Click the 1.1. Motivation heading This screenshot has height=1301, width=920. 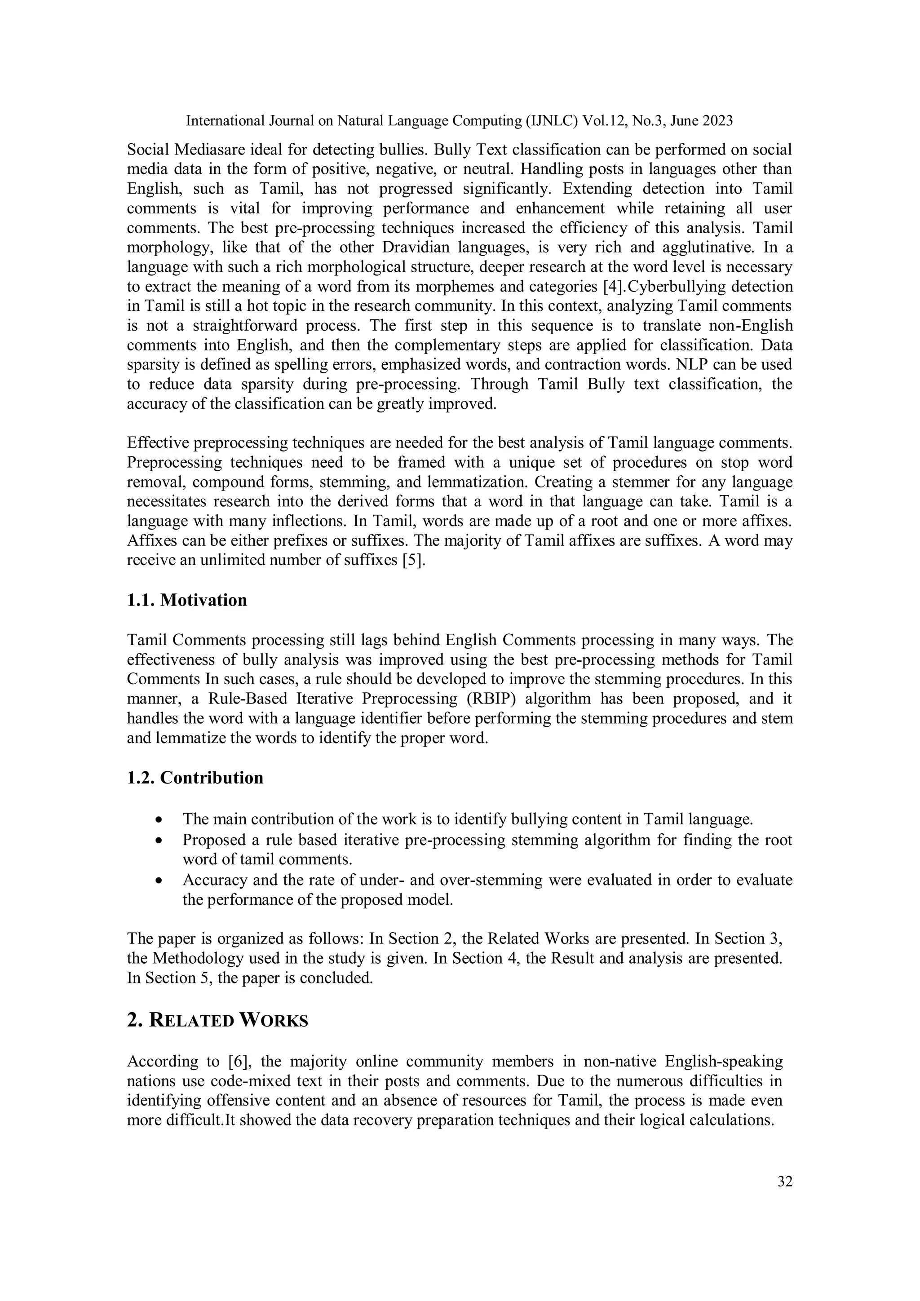click(x=187, y=600)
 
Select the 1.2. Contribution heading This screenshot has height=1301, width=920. click(x=195, y=778)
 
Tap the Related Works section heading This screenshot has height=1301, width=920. click(x=217, y=1021)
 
